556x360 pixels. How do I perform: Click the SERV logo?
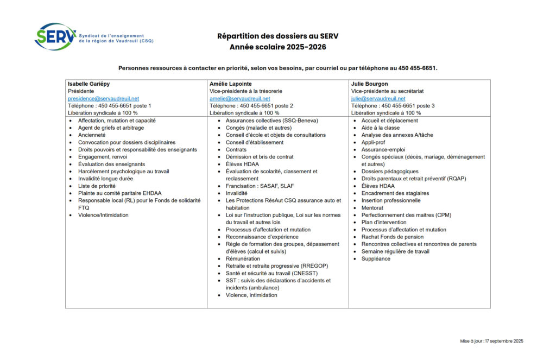tap(55, 36)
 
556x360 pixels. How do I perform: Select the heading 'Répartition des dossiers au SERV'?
tap(277, 36)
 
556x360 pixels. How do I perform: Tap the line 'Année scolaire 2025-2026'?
tap(277, 47)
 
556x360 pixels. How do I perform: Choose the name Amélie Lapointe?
tap(231, 84)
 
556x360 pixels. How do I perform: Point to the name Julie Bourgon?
tap(369, 84)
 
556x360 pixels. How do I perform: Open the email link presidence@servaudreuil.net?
tap(103, 99)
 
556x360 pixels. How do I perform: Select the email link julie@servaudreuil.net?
tap(378, 99)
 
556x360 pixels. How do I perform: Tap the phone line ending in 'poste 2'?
tap(251, 106)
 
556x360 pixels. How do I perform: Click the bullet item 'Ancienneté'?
tap(92, 135)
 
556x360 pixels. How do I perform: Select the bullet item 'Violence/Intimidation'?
tap(103, 215)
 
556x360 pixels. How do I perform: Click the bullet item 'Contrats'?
tap(236, 149)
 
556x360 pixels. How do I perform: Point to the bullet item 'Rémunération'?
tap(243, 259)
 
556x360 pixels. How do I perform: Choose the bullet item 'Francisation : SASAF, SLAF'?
tap(260, 186)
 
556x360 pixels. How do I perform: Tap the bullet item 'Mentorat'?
tap(372, 208)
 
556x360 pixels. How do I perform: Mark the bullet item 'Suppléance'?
tap(376, 259)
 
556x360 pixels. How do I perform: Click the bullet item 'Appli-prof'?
tap(373, 142)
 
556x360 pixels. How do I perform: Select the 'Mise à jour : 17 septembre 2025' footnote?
tap(491, 341)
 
